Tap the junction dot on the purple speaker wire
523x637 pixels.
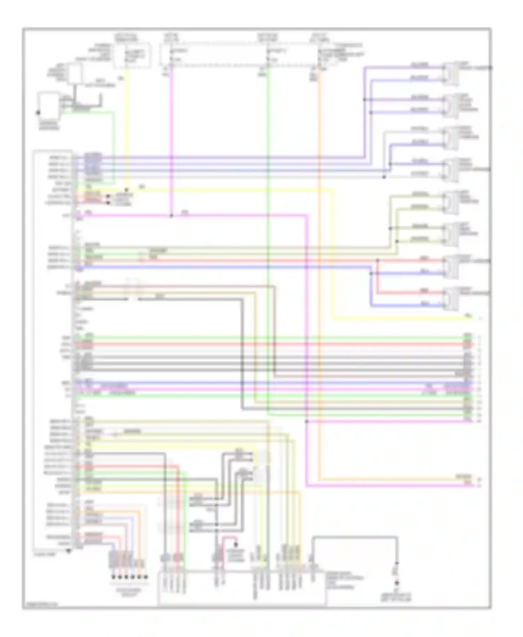tap(364, 100)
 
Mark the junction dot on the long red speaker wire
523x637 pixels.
tap(378, 260)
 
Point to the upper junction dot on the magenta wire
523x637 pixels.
tap(171, 216)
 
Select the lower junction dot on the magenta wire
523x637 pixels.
tap(307, 422)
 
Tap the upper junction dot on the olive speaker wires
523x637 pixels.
tap(391, 229)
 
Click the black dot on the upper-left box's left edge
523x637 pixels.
tap(38, 113)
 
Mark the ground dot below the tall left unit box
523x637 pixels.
tap(69, 551)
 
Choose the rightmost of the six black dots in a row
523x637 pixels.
tap(146, 577)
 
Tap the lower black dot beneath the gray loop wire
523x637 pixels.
tap(396, 583)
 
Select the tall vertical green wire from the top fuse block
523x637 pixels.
tap(268, 244)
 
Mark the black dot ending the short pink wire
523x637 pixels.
tap(236, 544)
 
